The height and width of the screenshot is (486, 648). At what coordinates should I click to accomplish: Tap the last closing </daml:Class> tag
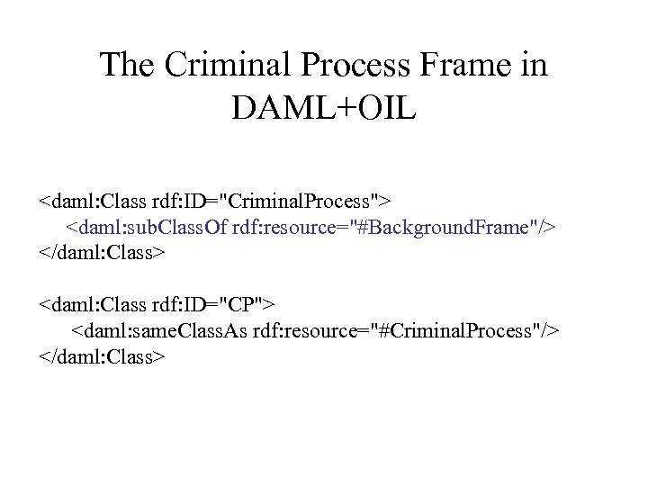(x=102, y=357)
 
